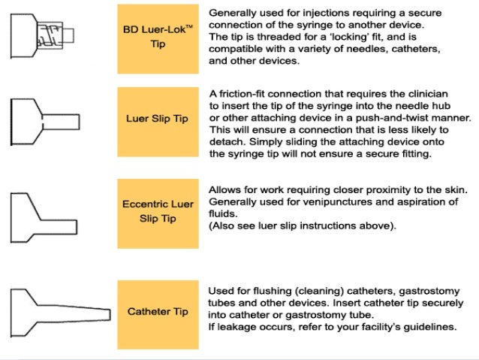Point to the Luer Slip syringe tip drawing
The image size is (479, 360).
pyautogui.click(x=45, y=120)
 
